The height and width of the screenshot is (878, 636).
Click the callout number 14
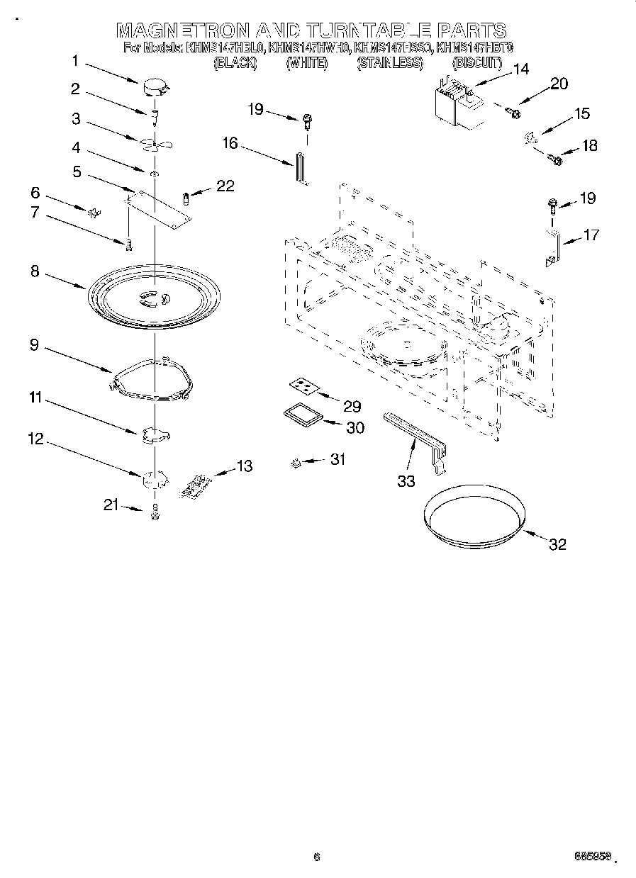520,69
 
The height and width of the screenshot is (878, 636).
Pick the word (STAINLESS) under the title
390,63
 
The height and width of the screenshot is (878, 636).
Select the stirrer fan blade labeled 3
155,144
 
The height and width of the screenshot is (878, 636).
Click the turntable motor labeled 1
155,88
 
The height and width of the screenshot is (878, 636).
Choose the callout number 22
225,186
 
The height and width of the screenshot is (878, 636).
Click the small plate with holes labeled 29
303,386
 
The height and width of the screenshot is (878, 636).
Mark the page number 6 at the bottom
317,857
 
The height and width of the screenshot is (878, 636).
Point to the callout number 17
590,235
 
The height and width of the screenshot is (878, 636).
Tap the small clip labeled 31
296,463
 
